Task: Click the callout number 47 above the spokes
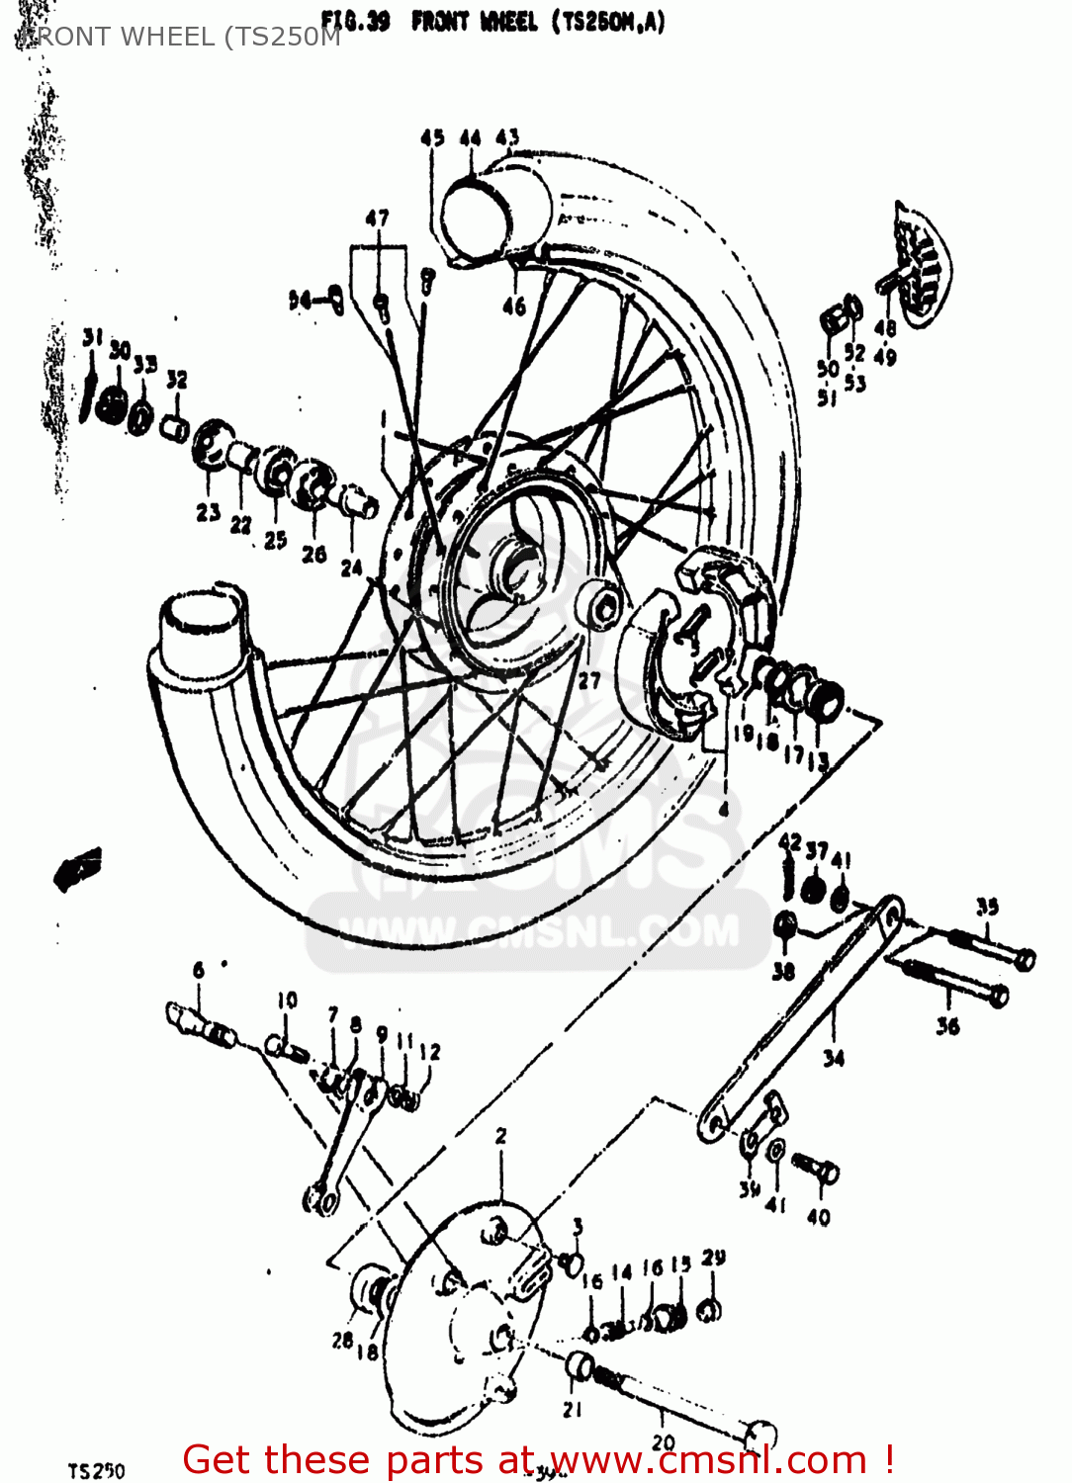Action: point(377,218)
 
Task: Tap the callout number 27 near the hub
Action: point(589,680)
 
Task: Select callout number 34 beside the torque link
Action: point(834,1059)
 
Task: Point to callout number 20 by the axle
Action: point(664,1442)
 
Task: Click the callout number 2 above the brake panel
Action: point(501,1136)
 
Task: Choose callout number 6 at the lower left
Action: point(199,970)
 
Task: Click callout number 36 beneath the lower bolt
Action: point(947,1026)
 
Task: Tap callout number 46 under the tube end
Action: point(514,306)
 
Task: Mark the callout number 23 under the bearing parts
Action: point(208,512)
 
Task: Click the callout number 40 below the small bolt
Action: point(819,1217)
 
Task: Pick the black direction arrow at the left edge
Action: point(77,867)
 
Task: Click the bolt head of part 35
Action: point(1025,958)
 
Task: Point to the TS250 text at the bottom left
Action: point(96,1471)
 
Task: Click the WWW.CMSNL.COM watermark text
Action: point(539,931)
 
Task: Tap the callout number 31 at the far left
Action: point(92,338)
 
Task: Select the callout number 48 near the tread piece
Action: point(885,327)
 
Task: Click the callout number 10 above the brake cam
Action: point(287,1000)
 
